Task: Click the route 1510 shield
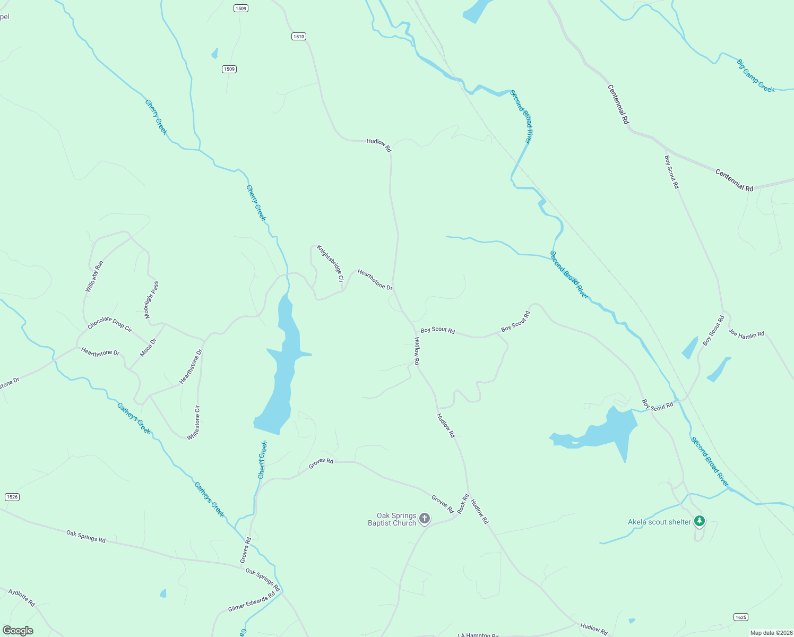point(298,36)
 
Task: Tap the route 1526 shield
point(12,497)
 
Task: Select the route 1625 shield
point(741,617)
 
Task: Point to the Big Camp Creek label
point(755,75)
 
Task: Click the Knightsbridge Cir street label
point(330,263)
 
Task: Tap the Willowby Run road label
point(94,277)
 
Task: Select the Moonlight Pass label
point(151,300)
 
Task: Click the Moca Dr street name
point(148,348)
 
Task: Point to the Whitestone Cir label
point(194,423)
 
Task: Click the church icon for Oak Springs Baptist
point(424,518)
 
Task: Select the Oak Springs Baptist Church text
point(392,519)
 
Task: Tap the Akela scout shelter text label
point(659,522)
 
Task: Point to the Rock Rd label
point(463,504)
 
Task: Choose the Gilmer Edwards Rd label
point(252,601)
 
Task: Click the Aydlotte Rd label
point(22,597)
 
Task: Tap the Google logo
point(18,631)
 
